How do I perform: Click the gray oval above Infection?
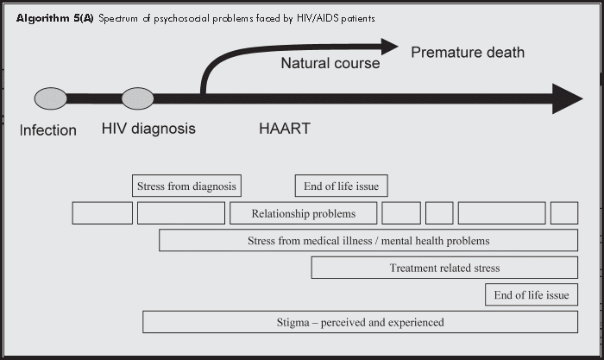(50, 98)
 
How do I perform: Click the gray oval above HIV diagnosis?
(137, 98)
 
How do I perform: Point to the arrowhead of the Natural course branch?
(389, 46)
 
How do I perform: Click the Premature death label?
(467, 53)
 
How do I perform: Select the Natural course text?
(330, 63)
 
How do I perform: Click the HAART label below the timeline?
(285, 129)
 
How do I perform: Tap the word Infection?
(48, 130)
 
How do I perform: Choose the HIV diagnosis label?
(148, 129)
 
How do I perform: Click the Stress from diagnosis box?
(187, 186)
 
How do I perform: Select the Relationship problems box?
(304, 213)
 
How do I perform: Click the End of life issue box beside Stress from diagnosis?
(342, 186)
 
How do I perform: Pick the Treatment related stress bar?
(444, 268)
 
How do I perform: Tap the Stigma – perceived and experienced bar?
(360, 322)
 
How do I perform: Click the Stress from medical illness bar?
(368, 240)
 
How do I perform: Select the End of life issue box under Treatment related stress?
(531, 295)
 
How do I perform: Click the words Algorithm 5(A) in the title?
(54, 18)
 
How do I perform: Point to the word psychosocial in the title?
(178, 18)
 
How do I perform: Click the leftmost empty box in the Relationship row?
(102, 213)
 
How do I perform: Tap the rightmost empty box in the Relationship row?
(563, 213)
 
